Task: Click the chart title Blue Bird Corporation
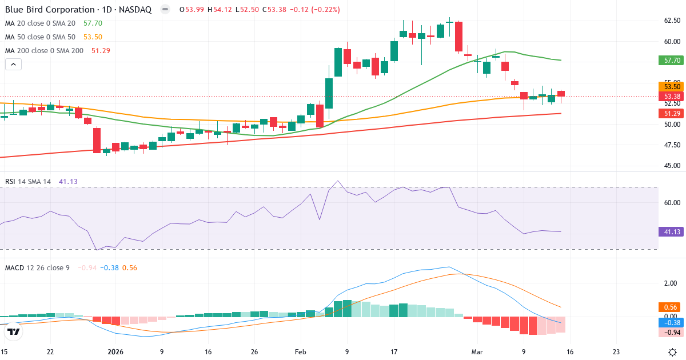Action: pyautogui.click(x=50, y=10)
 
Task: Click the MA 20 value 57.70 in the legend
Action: pyautogui.click(x=93, y=23)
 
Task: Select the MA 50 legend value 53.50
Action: pyautogui.click(x=93, y=37)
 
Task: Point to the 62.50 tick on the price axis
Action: pyautogui.click(x=671, y=21)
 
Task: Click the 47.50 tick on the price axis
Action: pyautogui.click(x=671, y=145)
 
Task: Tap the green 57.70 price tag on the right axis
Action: pyautogui.click(x=671, y=60)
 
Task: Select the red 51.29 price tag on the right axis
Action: pyautogui.click(x=671, y=114)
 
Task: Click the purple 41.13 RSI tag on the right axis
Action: pyautogui.click(x=671, y=232)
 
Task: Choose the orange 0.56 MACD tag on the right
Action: pyautogui.click(x=671, y=307)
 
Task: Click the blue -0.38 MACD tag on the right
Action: pyautogui.click(x=671, y=322)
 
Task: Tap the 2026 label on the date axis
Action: pyautogui.click(x=115, y=352)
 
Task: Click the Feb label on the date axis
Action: pyautogui.click(x=301, y=352)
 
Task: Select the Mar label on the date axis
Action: pyautogui.click(x=477, y=352)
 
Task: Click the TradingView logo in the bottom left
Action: pyautogui.click(x=14, y=331)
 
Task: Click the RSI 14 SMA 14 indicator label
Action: pyautogui.click(x=28, y=182)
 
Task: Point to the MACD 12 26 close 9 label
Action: pyautogui.click(x=37, y=267)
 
